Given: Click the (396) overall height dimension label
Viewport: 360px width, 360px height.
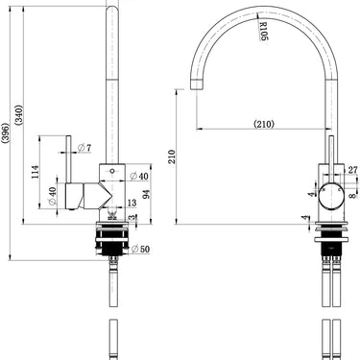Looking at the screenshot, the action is [x=6, y=132].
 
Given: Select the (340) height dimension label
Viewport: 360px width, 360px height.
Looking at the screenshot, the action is [x=19, y=114].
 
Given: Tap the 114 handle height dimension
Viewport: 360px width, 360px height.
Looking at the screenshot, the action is [x=36, y=172].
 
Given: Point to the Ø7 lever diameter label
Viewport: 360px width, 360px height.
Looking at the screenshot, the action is [x=84, y=148].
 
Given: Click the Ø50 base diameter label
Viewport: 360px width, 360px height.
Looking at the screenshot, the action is [x=140, y=249].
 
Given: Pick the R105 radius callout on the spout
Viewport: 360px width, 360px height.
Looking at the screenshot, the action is [x=263, y=31].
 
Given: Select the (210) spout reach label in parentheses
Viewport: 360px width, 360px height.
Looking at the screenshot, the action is [x=264, y=124].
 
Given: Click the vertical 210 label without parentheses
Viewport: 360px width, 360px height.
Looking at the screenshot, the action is [x=172, y=156].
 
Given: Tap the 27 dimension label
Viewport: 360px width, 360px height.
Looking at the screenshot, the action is [x=352, y=170].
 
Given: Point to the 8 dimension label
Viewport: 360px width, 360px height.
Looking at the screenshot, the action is [x=352, y=196].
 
